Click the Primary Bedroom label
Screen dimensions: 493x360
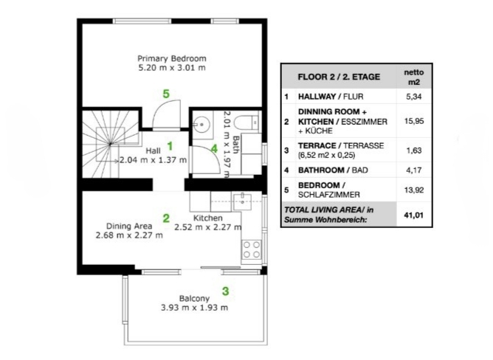click(172, 58)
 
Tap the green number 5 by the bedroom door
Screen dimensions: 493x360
click(166, 94)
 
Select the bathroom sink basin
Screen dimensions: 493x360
click(201, 125)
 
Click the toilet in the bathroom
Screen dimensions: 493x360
click(246, 122)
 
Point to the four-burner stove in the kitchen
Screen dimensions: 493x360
click(251, 249)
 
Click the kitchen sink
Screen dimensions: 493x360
click(242, 202)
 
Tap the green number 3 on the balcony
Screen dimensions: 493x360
click(225, 291)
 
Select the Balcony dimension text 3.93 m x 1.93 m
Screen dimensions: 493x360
click(194, 308)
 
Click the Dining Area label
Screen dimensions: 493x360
click(129, 226)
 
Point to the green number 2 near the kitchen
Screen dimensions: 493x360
click(166, 218)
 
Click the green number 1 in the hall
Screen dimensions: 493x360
click(170, 146)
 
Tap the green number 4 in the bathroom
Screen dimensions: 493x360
click(214, 148)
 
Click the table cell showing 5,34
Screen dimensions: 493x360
click(414, 97)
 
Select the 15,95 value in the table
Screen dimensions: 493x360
click(414, 121)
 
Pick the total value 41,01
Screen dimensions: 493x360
click(414, 215)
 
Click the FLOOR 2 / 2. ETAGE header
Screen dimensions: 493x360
click(339, 77)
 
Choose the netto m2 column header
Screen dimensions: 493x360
click(414, 77)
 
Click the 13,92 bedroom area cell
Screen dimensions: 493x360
click(414, 190)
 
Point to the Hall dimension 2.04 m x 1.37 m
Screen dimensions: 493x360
click(153, 160)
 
